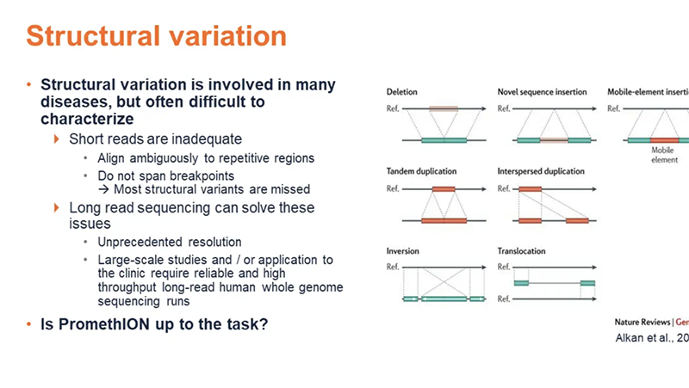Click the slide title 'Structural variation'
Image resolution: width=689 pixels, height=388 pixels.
pos(156,36)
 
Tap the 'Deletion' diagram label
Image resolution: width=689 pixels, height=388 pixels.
pos(401,91)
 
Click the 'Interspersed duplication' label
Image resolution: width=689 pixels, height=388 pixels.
pos(541,172)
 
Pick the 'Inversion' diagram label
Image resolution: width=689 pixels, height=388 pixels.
pos(402,251)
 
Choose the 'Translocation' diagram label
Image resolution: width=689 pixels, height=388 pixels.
pos(522,251)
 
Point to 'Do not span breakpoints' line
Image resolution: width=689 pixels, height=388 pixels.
pos(160,175)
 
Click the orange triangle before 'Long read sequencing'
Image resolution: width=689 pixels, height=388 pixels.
pos(58,208)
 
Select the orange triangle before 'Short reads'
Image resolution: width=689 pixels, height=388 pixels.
pos(58,139)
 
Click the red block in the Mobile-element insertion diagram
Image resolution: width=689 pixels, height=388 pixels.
pos(665,139)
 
